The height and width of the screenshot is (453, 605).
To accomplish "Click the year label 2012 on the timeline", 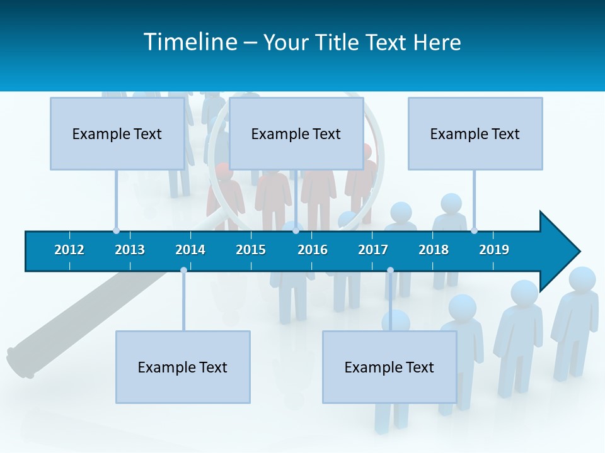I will (69, 250).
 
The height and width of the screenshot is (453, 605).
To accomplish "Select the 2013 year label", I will (130, 250).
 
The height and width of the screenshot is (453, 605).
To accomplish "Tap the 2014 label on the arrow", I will (190, 250).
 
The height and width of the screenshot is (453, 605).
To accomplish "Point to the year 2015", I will (251, 250).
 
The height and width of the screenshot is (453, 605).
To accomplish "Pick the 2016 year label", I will (313, 250).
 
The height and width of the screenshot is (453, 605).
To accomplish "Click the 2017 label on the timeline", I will (373, 250).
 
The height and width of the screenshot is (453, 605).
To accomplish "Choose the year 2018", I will (434, 250).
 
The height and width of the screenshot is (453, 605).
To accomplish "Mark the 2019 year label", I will (494, 250).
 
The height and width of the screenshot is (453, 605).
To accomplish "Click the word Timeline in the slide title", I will (190, 42).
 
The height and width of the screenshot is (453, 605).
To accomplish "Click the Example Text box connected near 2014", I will (183, 367).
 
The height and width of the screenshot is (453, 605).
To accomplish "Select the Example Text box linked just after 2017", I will (389, 367).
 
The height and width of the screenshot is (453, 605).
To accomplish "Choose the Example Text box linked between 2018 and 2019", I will (475, 134).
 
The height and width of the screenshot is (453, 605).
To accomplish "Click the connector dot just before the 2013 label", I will (116, 231).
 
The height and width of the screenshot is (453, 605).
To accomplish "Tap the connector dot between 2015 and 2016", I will (296, 231).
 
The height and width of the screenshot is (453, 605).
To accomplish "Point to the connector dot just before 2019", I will (474, 231).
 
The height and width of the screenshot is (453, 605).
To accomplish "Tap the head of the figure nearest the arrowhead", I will (582, 280).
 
